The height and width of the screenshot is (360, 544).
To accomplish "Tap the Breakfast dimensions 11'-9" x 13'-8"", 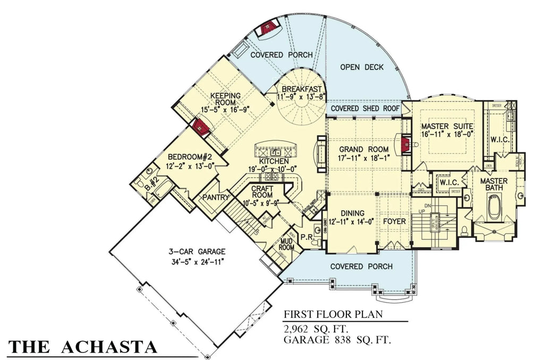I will pyautogui.click(x=302, y=97).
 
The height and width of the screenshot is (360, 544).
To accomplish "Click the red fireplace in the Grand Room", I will pyautogui.click(x=406, y=143).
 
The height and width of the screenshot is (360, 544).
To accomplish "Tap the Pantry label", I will pyautogui.click(x=215, y=198).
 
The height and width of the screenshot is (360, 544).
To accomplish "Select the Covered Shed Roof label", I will pyautogui.click(x=365, y=108).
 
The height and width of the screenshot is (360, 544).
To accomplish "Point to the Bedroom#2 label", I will pyautogui.click(x=190, y=158).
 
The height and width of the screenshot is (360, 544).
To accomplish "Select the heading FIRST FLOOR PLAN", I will pyautogui.click(x=332, y=314).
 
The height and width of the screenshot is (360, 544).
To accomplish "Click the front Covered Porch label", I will pyautogui.click(x=361, y=266).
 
